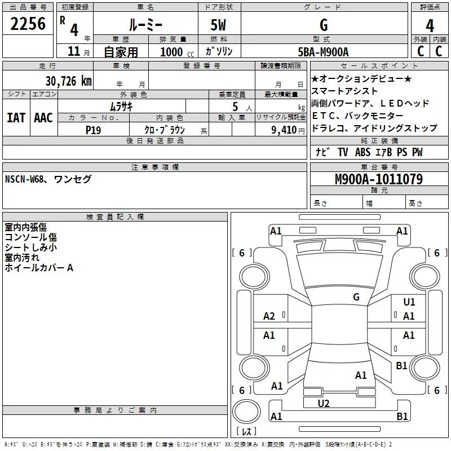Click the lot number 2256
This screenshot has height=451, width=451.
28,24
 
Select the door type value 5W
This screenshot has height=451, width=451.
219,25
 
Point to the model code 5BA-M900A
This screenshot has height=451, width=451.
323,52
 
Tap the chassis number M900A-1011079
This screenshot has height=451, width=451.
378,179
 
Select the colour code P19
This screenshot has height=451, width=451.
94,129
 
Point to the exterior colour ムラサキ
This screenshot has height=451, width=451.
121,106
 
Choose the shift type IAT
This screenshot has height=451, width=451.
16,118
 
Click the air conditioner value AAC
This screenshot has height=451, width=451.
43,118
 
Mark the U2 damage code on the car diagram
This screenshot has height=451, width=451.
324,403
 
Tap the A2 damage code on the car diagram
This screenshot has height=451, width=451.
269,316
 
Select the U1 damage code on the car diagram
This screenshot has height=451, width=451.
409,302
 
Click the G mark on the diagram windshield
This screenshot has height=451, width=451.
356,297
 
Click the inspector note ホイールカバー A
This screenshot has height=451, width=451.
39,268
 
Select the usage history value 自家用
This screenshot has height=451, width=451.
121,52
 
